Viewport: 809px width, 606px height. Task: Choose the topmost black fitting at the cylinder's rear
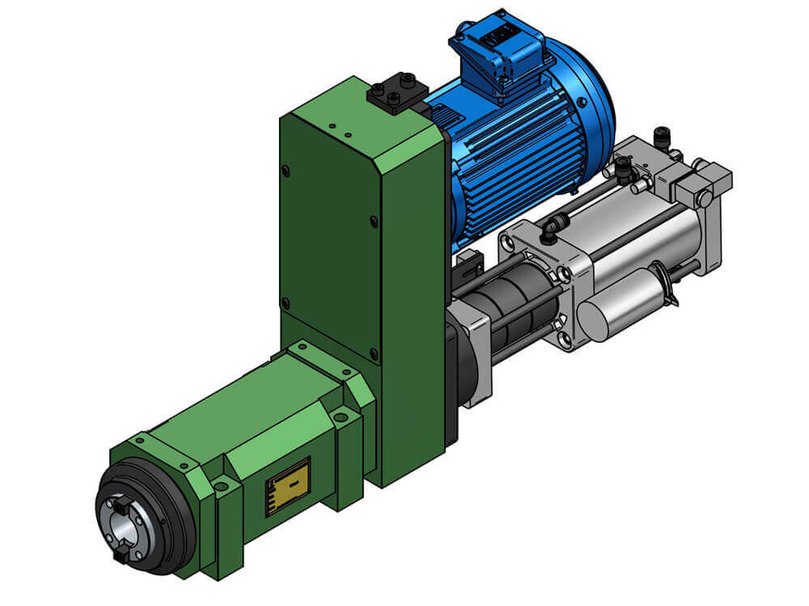tap(663, 135)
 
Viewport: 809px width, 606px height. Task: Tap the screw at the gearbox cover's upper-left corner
tap(286, 170)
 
